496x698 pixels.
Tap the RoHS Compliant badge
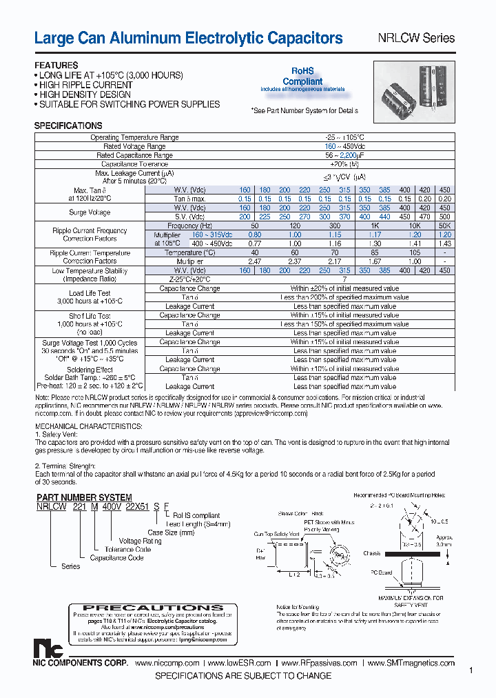(302, 77)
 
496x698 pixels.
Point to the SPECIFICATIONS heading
(68, 126)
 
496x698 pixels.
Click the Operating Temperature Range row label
(134, 137)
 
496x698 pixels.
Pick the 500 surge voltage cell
(444, 217)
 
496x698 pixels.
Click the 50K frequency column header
(444, 226)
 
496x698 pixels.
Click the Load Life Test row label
(90, 293)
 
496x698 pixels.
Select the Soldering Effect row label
(90, 369)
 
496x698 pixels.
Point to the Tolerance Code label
(127, 550)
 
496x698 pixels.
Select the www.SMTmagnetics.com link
(411, 663)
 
